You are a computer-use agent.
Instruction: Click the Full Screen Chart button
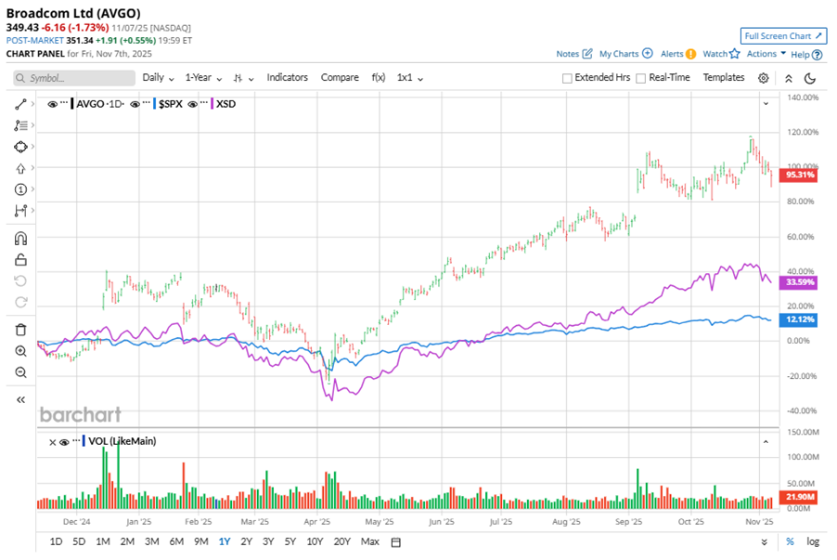783,35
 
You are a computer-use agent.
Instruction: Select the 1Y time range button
224,541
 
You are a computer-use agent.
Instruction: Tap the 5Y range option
290,541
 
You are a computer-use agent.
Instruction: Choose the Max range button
370,541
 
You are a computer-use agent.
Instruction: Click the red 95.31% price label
800,174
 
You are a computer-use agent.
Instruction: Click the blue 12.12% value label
800,319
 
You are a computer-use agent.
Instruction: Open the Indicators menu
287,77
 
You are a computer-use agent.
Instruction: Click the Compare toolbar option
340,77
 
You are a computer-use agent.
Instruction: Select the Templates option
724,77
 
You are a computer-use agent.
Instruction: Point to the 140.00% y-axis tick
803,98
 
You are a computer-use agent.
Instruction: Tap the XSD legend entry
225,104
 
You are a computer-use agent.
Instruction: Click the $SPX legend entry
170,104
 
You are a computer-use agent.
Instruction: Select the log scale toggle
814,541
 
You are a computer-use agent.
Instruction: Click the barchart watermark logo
80,414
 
